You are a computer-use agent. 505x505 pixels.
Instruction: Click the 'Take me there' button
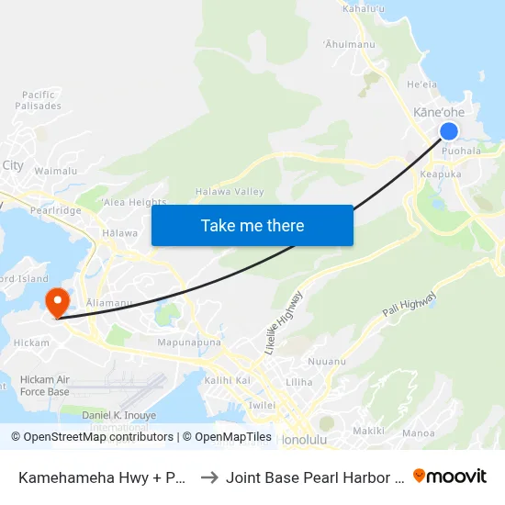point(252,225)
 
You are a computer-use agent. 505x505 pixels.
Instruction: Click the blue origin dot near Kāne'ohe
point(449,132)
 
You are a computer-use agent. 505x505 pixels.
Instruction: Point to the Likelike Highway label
point(284,322)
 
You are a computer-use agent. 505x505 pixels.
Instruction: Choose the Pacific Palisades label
point(39,100)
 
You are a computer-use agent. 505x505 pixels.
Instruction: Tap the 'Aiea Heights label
point(135,202)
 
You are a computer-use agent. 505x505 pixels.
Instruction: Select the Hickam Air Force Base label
point(44,386)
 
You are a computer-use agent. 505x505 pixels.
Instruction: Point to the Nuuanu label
point(327,362)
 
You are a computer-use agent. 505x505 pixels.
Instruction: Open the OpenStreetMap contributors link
point(95,437)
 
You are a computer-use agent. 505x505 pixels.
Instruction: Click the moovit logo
point(450,476)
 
